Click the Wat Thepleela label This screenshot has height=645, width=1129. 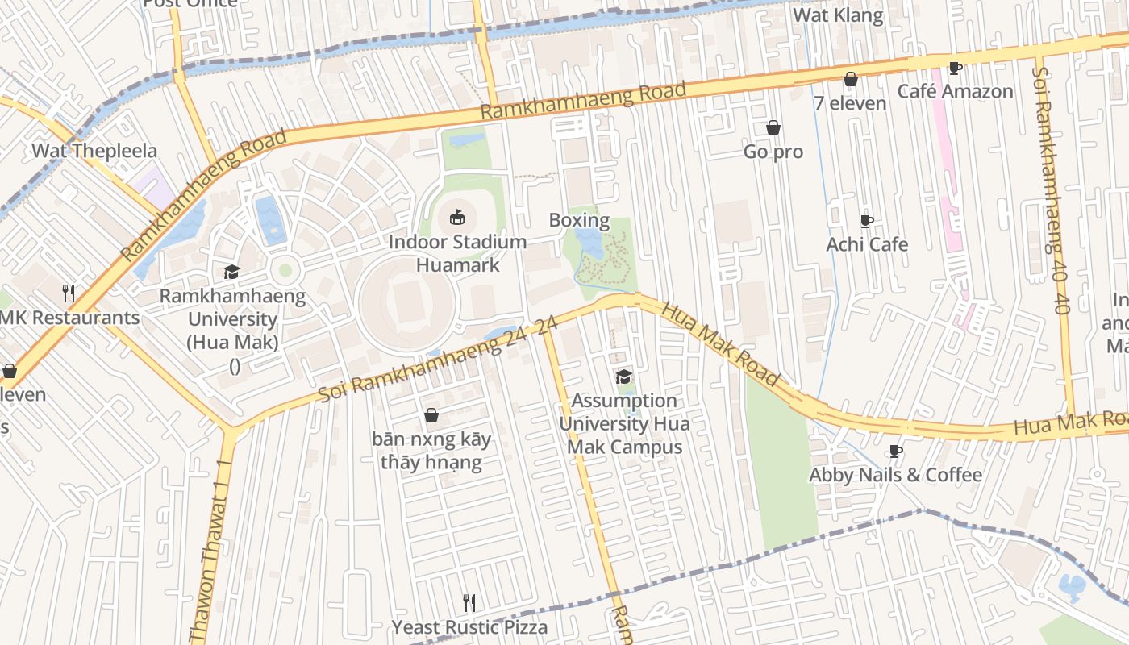click(x=94, y=151)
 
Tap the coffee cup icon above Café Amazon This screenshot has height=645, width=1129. click(x=955, y=68)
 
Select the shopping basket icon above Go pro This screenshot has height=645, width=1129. click(x=773, y=127)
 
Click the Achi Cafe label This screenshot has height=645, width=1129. click(x=867, y=244)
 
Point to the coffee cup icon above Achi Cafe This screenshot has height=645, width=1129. click(x=867, y=221)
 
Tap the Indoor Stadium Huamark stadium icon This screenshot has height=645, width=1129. click(x=457, y=217)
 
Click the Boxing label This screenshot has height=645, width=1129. click(x=579, y=220)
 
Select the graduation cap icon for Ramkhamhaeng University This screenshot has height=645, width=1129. click(x=232, y=273)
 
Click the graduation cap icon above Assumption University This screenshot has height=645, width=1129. click(x=623, y=377)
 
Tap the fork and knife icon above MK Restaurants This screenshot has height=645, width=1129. click(x=69, y=293)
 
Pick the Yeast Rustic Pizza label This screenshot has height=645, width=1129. click(x=469, y=626)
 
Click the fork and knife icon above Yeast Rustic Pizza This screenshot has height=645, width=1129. click(x=469, y=602)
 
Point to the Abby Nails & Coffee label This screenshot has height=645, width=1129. click(x=895, y=475)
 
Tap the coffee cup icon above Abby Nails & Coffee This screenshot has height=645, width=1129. click(x=895, y=451)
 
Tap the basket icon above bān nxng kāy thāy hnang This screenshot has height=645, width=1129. click(x=431, y=415)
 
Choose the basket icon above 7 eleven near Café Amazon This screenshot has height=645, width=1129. click(x=850, y=79)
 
